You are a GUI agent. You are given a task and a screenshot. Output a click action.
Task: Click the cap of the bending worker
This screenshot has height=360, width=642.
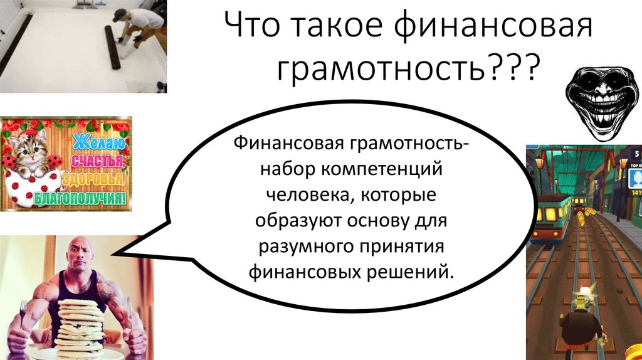coord(119,15)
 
